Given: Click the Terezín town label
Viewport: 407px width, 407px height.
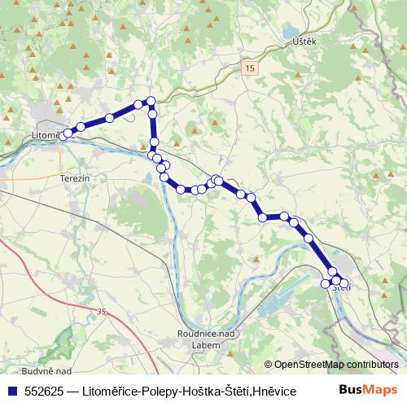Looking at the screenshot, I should pyautogui.click(x=73, y=177).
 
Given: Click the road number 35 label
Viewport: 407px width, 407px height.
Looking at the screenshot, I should pyautogui.click(x=101, y=311).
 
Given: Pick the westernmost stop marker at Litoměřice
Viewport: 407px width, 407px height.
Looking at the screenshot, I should pyautogui.click(x=63, y=136).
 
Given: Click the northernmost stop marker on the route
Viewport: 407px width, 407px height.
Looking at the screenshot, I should pyautogui.click(x=150, y=101).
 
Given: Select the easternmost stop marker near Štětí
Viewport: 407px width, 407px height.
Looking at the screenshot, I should pyautogui.click(x=344, y=282).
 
